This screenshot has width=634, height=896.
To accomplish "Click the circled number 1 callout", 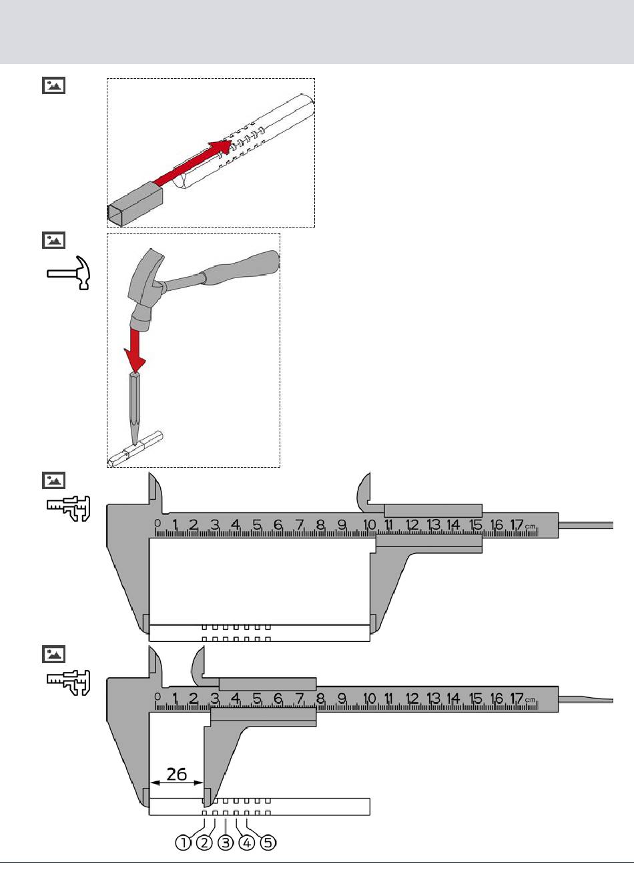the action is (184, 843).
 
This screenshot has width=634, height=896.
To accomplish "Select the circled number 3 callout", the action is (226, 843).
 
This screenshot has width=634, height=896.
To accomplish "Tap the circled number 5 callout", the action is (268, 843).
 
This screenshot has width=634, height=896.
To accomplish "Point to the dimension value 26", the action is (176, 775).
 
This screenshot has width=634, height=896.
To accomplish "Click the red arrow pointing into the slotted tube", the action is (193, 163).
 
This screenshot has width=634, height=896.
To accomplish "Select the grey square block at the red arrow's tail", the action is (135, 204).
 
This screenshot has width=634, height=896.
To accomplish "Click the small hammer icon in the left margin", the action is (69, 273).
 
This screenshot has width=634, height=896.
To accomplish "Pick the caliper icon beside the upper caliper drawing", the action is (68, 508).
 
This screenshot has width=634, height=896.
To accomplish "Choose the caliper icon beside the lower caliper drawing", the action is (68, 683).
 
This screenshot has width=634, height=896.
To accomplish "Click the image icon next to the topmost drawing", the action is (53, 85).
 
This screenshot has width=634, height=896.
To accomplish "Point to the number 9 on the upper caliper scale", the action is (342, 524).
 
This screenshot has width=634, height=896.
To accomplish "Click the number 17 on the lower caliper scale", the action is (517, 699).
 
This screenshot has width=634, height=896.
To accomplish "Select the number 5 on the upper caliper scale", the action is (257, 524).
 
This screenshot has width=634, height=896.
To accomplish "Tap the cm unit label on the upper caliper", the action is (530, 526).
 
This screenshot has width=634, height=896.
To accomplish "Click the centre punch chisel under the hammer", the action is (135, 409).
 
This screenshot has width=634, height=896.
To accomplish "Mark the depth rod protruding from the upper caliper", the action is (586, 525).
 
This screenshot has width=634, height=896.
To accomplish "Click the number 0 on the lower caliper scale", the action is (157, 697).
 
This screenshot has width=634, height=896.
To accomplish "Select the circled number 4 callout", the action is (247, 843).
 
